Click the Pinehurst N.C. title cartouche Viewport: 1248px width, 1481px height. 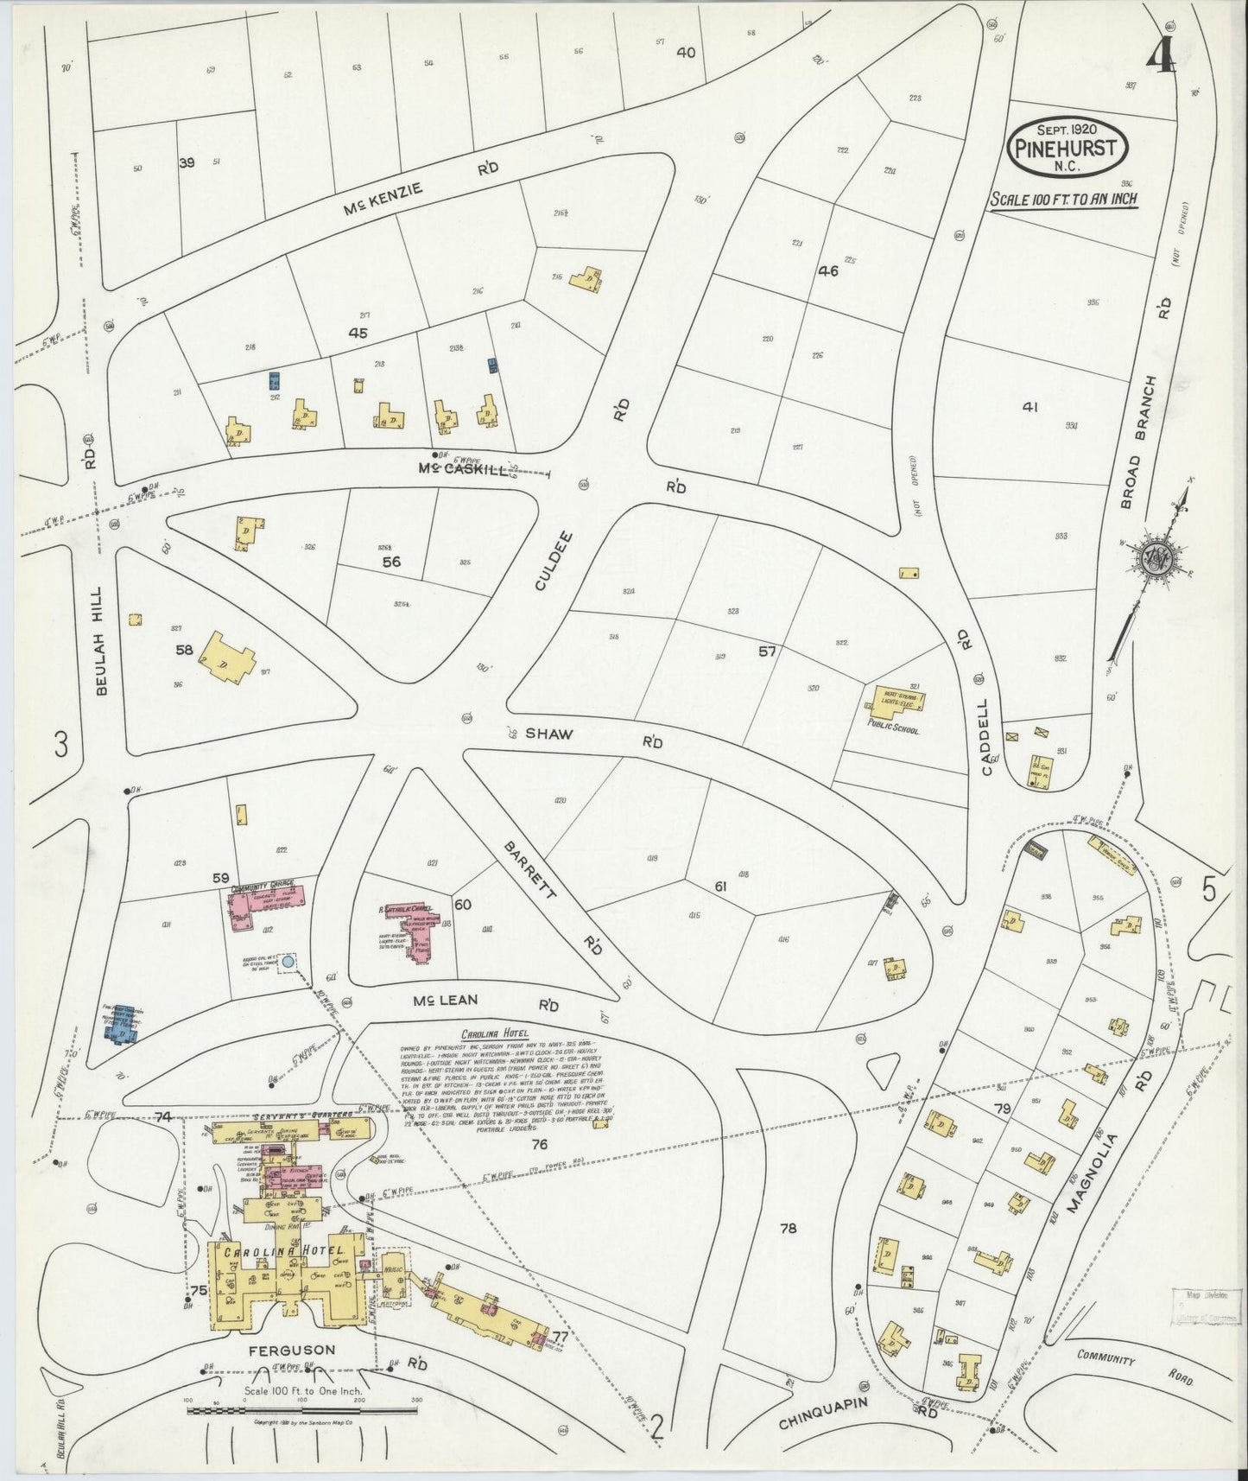coord(1067,148)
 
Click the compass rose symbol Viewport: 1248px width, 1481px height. coord(1156,559)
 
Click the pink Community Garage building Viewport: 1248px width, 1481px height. coord(266,904)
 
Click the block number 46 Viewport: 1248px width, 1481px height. coord(828,270)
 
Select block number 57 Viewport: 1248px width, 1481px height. coord(767,652)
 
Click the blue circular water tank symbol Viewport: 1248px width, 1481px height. coord(288,961)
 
